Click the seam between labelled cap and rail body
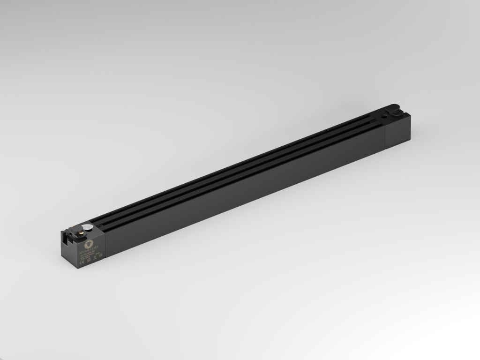click(x=105, y=246)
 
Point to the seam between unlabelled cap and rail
click(x=385, y=137)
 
